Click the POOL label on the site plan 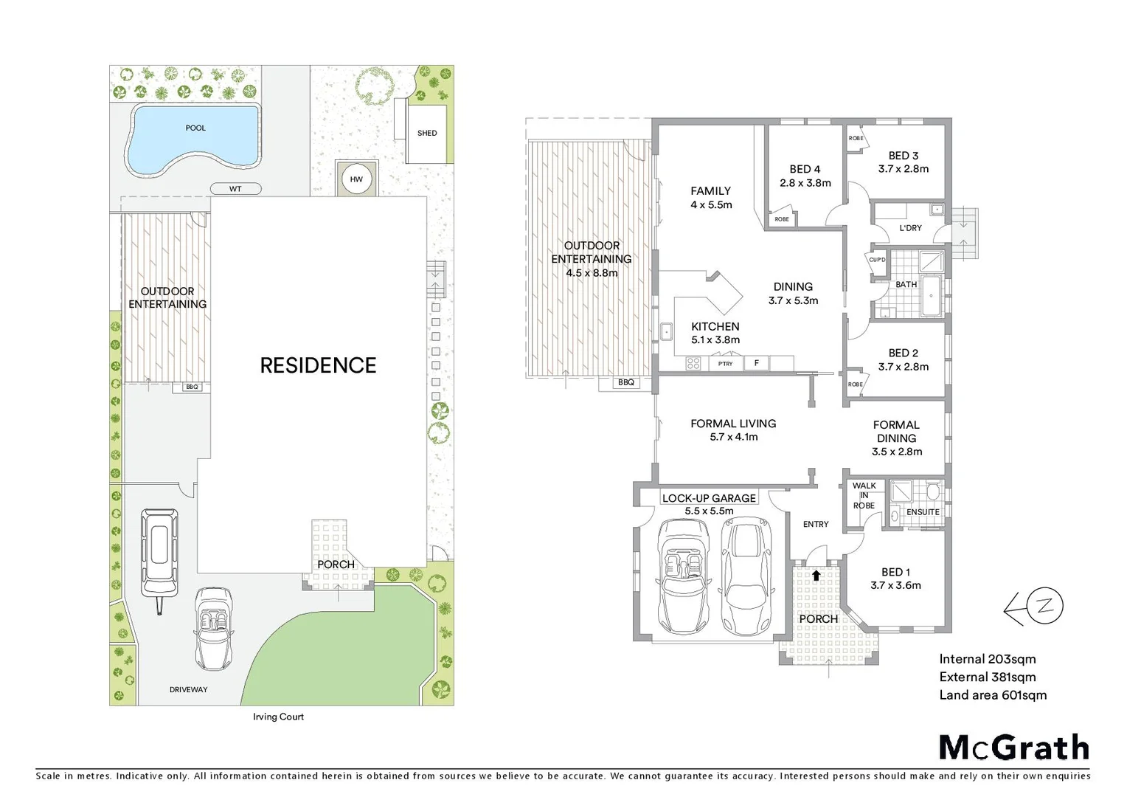195,128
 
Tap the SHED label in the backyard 427,134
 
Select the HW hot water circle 356,179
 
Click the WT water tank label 235,189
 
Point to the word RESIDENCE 318,365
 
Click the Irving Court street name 278,717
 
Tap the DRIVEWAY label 188,690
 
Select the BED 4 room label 805,170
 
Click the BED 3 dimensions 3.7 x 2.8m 903,169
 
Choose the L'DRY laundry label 910,228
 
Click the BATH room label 906,285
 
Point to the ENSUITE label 923,512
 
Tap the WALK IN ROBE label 864,496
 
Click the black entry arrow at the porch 816,575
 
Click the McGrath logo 1013,748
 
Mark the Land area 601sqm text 993,695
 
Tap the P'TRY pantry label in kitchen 725,364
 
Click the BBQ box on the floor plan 625,382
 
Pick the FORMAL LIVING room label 733,424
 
